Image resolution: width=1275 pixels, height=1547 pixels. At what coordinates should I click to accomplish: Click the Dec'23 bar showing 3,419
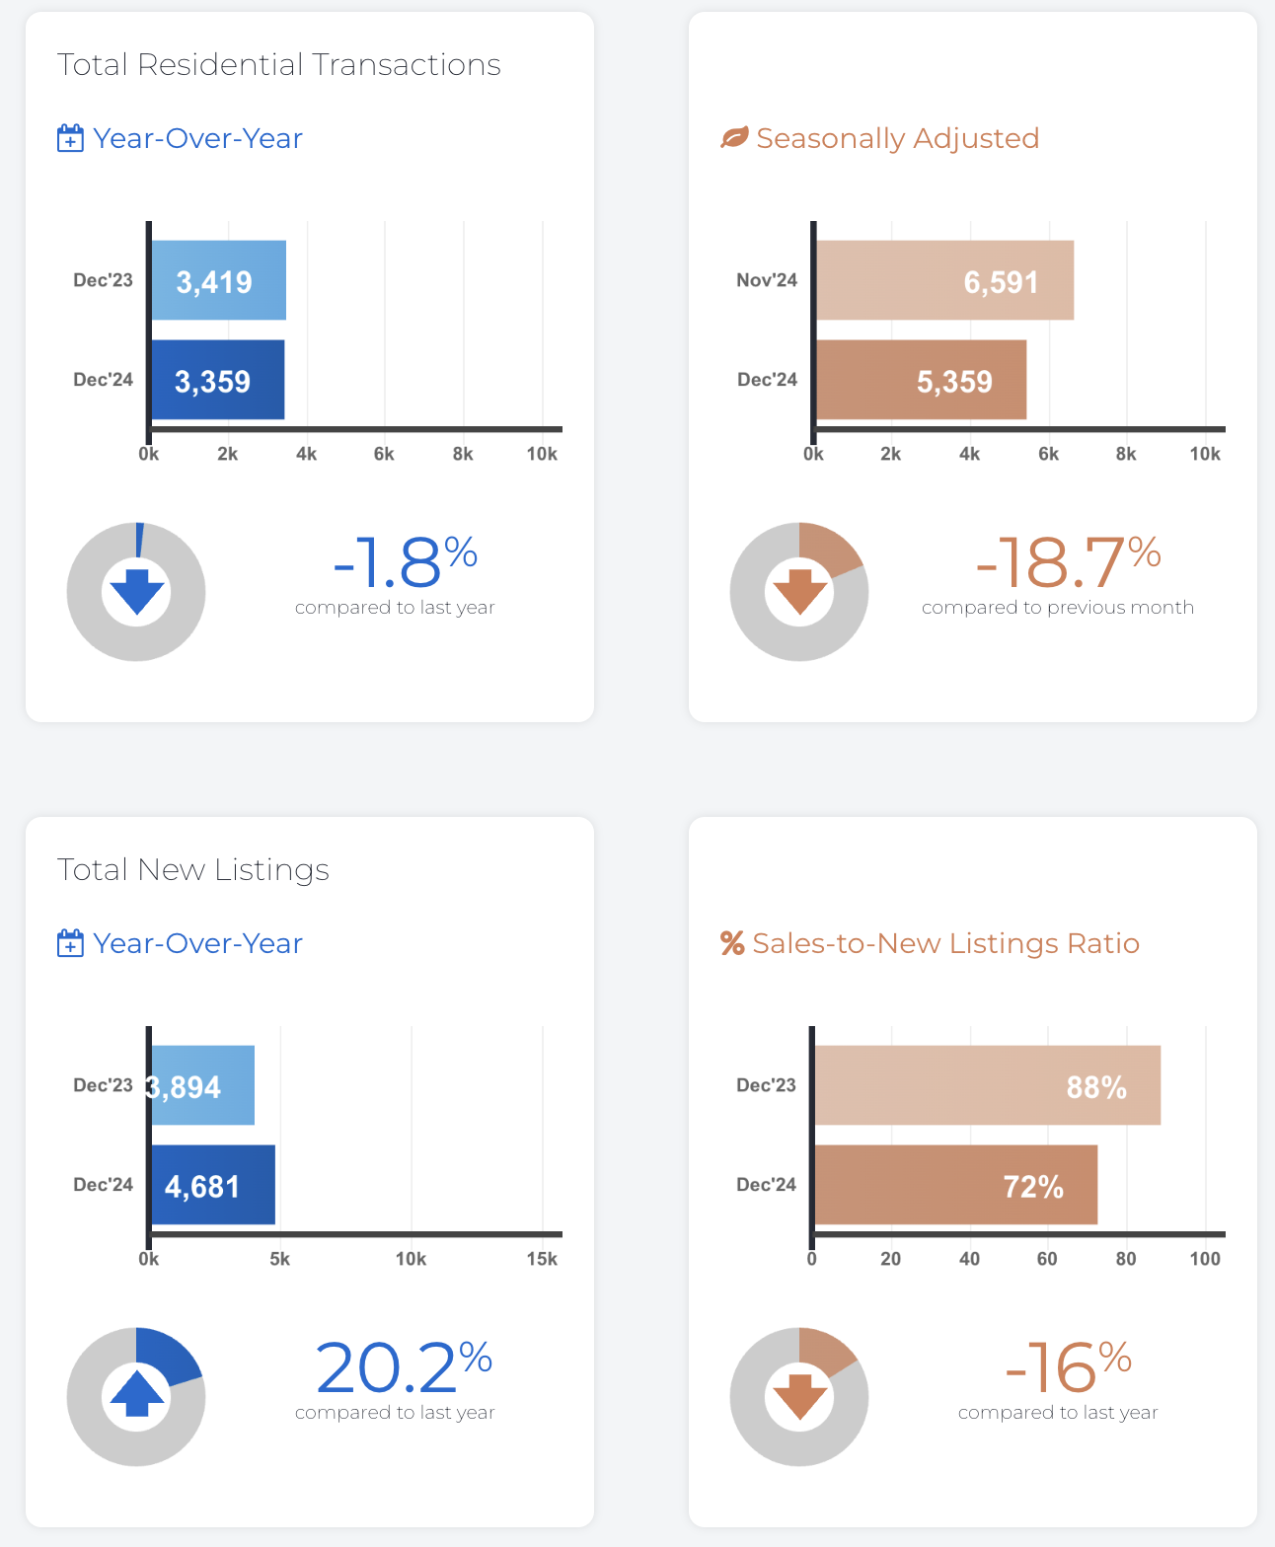pyautogui.click(x=218, y=280)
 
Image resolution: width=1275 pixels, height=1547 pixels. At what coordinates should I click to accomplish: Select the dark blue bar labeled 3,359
pyautogui.click(x=217, y=380)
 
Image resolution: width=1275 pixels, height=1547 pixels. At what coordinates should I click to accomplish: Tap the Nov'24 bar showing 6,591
pyautogui.click(x=944, y=280)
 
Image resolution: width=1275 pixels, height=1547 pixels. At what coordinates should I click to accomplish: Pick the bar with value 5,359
pyautogui.click(x=921, y=380)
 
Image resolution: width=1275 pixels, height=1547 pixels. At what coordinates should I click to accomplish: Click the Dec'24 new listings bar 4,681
pyautogui.click(x=212, y=1185)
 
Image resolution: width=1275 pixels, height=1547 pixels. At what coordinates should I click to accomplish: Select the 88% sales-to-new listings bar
pyautogui.click(x=987, y=1085)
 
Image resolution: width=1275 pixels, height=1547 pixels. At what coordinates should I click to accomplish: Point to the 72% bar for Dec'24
pyautogui.click(x=955, y=1185)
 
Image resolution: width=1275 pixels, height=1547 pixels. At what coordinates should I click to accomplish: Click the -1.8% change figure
pyautogui.click(x=405, y=562)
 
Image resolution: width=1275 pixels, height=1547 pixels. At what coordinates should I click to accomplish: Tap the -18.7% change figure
pyautogui.click(x=1067, y=562)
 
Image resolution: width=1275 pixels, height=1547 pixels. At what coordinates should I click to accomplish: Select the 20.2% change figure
pyautogui.click(x=404, y=1367)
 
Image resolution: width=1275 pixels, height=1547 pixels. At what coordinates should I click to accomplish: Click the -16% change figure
pyautogui.click(x=1068, y=1367)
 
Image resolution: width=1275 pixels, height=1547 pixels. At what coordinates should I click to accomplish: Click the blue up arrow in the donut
pyautogui.click(x=137, y=1395)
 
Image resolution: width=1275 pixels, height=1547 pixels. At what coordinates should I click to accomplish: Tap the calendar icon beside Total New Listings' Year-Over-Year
pyautogui.click(x=70, y=943)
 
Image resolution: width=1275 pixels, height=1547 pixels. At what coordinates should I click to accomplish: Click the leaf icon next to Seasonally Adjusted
pyautogui.click(x=734, y=138)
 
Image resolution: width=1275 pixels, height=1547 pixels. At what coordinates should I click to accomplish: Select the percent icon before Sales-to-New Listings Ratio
pyautogui.click(x=732, y=943)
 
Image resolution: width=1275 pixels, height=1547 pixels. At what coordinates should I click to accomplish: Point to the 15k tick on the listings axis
pyautogui.click(x=542, y=1259)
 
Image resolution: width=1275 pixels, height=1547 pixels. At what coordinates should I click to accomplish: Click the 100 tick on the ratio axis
pyautogui.click(x=1205, y=1259)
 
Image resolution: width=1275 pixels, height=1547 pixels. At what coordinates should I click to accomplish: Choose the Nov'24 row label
pyautogui.click(x=767, y=280)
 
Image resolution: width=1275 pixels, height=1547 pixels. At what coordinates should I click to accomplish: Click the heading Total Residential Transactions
pyautogui.click(x=279, y=65)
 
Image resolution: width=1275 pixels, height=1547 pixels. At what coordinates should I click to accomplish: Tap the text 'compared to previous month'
pyautogui.click(x=1058, y=608)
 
